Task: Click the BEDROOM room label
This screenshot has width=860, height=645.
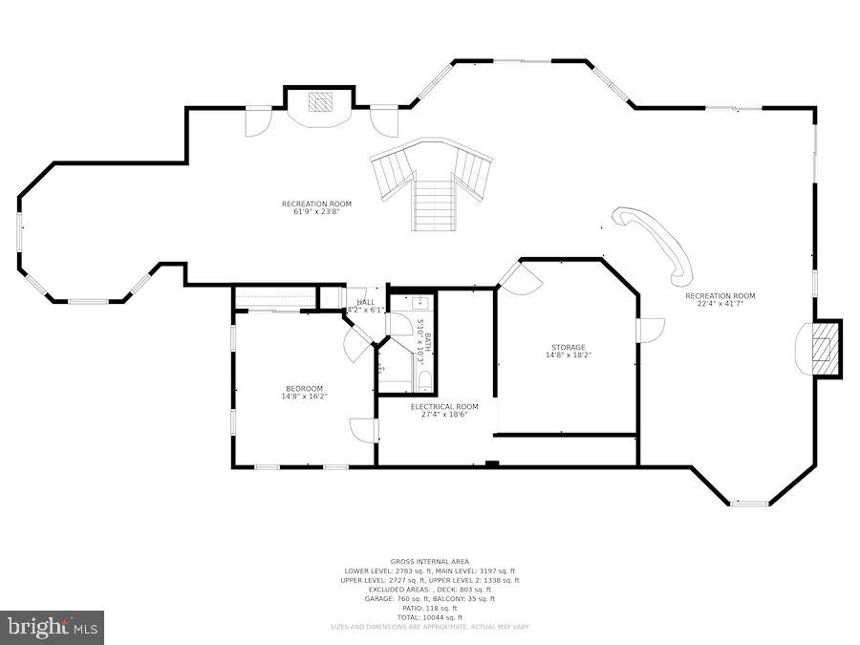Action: pos(304,388)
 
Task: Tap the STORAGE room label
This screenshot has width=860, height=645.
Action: pos(568,347)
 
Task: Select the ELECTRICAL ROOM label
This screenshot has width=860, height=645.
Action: pos(444,406)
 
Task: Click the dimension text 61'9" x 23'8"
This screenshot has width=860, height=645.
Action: pos(316,212)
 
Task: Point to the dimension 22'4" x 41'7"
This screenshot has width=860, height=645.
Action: pos(720,304)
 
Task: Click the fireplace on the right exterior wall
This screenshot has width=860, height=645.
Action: pos(821,349)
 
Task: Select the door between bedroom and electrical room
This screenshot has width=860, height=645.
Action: pos(364,430)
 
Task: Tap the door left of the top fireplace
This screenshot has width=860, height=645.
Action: pos(259,121)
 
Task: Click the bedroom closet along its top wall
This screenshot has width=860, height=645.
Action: pos(274,298)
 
